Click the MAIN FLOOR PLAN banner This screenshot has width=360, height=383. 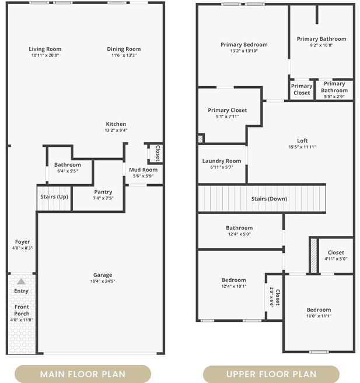coord(83,374)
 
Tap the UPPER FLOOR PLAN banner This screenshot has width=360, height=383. coord(271,374)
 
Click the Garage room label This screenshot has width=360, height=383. coord(103,275)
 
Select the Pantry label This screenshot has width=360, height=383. coord(103,192)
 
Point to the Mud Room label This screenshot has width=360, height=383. coord(143,170)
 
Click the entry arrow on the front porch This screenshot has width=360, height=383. coord(21,282)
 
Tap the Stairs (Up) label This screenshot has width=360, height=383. coord(54,196)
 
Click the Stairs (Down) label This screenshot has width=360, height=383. coord(269,199)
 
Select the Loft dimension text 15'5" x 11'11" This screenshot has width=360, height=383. coord(302,147)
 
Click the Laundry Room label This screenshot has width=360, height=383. coord(222,161)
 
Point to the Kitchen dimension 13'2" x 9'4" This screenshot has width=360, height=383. coord(116,131)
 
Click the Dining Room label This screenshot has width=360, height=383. coord(124,49)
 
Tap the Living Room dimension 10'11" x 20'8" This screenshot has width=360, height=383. coord(45,55)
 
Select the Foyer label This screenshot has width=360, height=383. coord(22,242)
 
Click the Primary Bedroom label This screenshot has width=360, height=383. coord(244,45)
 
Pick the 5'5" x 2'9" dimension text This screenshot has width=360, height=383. coord(334,97)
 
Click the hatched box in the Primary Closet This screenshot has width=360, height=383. coord(201,139)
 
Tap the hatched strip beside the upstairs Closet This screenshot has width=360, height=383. coord(313,256)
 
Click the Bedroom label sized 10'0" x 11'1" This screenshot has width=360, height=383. coord(319,310)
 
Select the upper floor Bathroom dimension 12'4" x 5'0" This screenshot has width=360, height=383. coord(239,234)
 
